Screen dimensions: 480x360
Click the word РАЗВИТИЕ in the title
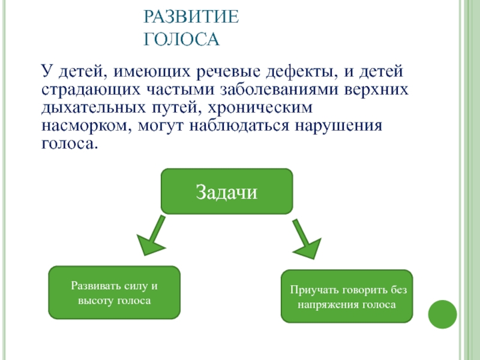pyautogui.click(x=191, y=16)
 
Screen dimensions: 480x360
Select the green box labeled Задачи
pyautogui.click(x=227, y=191)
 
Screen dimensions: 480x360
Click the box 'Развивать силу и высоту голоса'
pyautogui.click(x=114, y=292)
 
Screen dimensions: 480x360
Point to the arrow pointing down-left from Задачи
pyautogui.click(x=152, y=235)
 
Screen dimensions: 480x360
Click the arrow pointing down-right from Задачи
pyautogui.click(x=305, y=239)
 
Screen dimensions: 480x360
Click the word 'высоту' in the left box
pyautogui.click(x=95, y=299)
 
